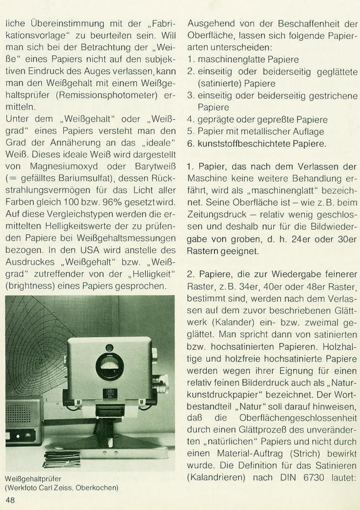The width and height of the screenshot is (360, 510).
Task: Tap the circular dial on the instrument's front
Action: click(x=109, y=366)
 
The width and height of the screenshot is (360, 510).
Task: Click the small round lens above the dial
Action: click(x=109, y=348)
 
